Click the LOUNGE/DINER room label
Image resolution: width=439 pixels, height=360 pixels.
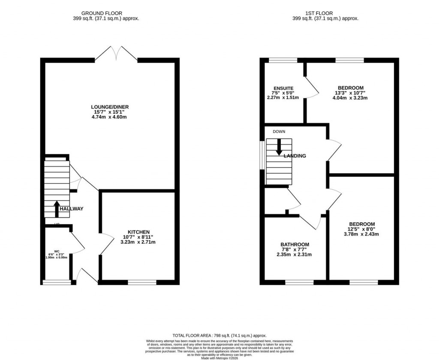[109, 107]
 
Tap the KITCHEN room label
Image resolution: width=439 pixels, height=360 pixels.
[138, 231]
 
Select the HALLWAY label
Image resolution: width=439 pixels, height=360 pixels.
[71, 209]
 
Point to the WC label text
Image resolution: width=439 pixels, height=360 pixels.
[56, 251]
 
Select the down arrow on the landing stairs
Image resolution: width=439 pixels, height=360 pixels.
[279, 147]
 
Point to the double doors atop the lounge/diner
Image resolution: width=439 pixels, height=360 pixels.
[116, 54]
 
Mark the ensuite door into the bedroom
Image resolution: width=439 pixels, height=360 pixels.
[312, 88]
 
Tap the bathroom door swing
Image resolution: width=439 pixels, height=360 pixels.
[310, 221]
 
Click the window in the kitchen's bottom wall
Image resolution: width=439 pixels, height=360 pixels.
[142, 282]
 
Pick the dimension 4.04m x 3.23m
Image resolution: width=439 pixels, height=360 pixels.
[350, 98]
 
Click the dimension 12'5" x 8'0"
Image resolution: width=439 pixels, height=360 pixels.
[362, 229]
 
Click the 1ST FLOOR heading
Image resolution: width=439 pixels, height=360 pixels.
[325, 13]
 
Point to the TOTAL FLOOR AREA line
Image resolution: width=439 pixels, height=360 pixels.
[219, 336]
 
